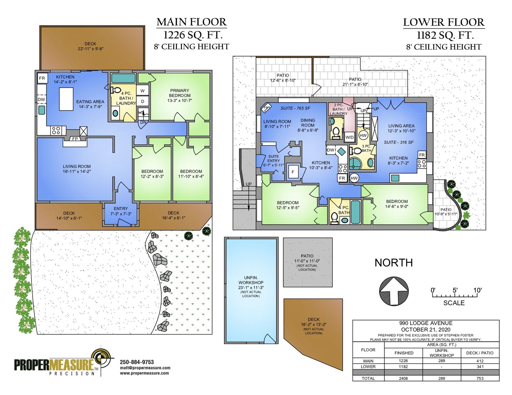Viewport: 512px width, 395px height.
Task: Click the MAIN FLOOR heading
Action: (x=192, y=22)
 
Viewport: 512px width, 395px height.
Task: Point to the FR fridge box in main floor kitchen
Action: (x=43, y=78)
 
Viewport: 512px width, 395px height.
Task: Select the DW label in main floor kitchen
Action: (x=41, y=99)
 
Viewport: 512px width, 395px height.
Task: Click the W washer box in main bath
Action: (x=142, y=91)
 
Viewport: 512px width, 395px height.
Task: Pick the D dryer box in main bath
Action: (x=142, y=101)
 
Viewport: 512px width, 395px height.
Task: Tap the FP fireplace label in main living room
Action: (x=75, y=139)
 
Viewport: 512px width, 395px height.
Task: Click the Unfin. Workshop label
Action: (x=251, y=280)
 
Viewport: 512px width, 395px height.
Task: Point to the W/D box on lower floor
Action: (x=349, y=137)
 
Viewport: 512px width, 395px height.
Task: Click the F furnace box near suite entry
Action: (x=293, y=172)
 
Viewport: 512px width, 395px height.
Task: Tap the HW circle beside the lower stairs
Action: (x=363, y=135)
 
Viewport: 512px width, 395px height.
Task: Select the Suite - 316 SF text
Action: (x=399, y=142)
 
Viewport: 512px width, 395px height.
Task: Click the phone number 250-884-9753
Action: (x=137, y=362)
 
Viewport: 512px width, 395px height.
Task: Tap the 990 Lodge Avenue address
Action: (x=426, y=323)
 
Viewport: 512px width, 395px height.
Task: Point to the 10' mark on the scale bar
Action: (x=477, y=290)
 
